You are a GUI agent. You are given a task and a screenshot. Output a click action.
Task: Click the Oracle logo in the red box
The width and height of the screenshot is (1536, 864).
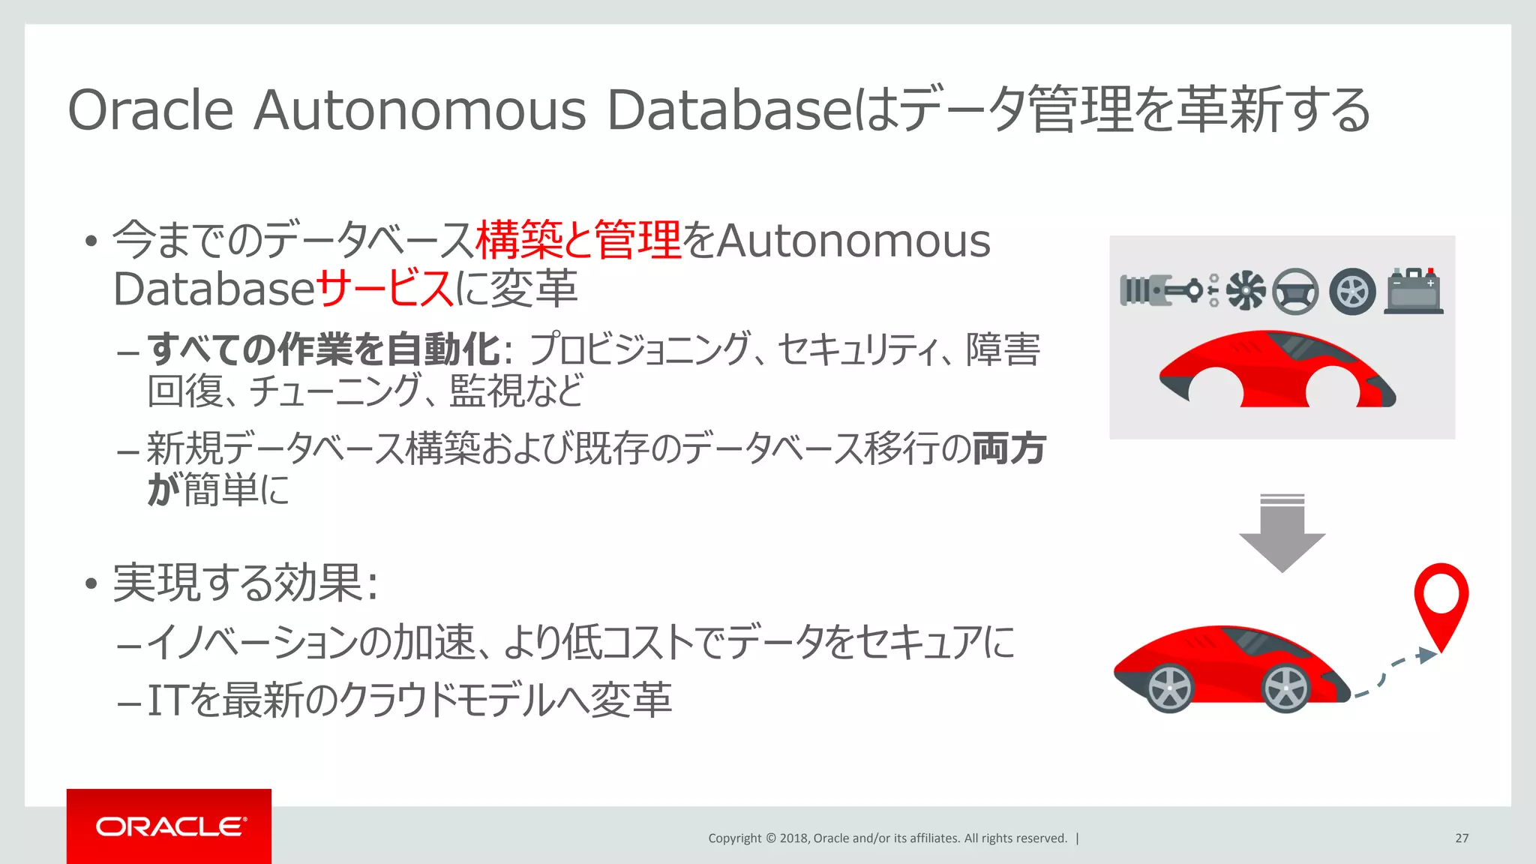pyautogui.click(x=170, y=826)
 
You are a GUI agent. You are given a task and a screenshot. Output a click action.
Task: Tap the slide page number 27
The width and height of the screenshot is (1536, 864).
pyautogui.click(x=1461, y=838)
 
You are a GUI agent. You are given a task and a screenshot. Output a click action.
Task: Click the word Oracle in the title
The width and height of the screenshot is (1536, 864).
pyautogui.click(x=150, y=110)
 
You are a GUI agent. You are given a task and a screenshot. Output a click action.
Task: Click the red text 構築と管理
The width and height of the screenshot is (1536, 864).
pyautogui.click(x=577, y=241)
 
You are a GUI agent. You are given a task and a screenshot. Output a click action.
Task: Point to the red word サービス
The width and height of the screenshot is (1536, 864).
pyautogui.click(x=384, y=289)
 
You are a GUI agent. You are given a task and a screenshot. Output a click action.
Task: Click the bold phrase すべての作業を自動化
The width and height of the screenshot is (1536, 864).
pyautogui.click(x=324, y=349)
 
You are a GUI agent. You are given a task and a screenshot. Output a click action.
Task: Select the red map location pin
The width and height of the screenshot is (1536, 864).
pyautogui.click(x=1441, y=600)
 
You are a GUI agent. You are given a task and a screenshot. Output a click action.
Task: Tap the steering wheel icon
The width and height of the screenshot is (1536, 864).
pyautogui.click(x=1295, y=291)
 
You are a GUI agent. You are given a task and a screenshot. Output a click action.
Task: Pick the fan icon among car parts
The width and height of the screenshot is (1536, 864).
pyautogui.click(x=1245, y=291)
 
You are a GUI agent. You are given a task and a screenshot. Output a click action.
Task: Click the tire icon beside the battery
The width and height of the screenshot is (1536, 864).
pyautogui.click(x=1352, y=291)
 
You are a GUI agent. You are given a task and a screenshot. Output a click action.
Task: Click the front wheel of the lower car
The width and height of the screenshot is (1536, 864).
pyautogui.click(x=1285, y=688)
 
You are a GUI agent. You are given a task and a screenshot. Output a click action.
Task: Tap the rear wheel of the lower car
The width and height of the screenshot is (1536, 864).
pyautogui.click(x=1169, y=688)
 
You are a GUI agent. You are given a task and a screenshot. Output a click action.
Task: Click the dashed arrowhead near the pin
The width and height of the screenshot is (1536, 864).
pyautogui.click(x=1426, y=655)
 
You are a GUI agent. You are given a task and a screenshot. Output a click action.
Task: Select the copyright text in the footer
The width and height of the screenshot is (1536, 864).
pyautogui.click(x=887, y=838)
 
